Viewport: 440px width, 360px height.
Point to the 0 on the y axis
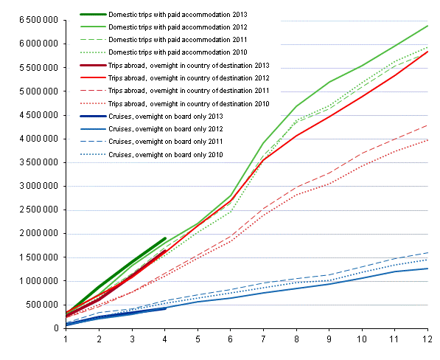56,328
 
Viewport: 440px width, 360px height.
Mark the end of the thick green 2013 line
165,238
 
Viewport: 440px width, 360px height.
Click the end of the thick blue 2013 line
165,308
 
